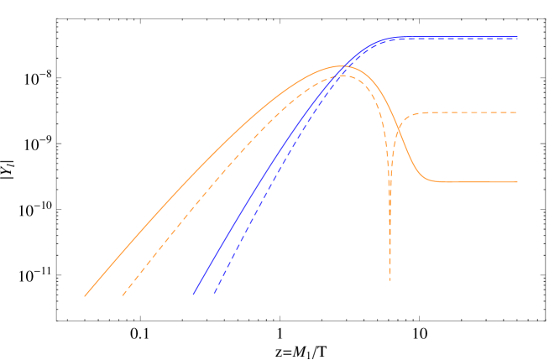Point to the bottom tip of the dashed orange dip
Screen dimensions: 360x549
pos(390,280)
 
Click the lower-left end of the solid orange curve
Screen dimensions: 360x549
pos(85,295)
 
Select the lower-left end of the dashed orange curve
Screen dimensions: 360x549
pos(123,295)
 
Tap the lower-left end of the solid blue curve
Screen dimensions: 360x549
pos(194,294)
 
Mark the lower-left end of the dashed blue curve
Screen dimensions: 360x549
pos(214,294)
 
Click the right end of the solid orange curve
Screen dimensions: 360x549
pos(517,181)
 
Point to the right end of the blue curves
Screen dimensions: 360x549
pos(517,38)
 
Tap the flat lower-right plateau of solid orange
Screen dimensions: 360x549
pos(478,181)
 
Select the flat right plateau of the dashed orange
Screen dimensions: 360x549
pos(470,112)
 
